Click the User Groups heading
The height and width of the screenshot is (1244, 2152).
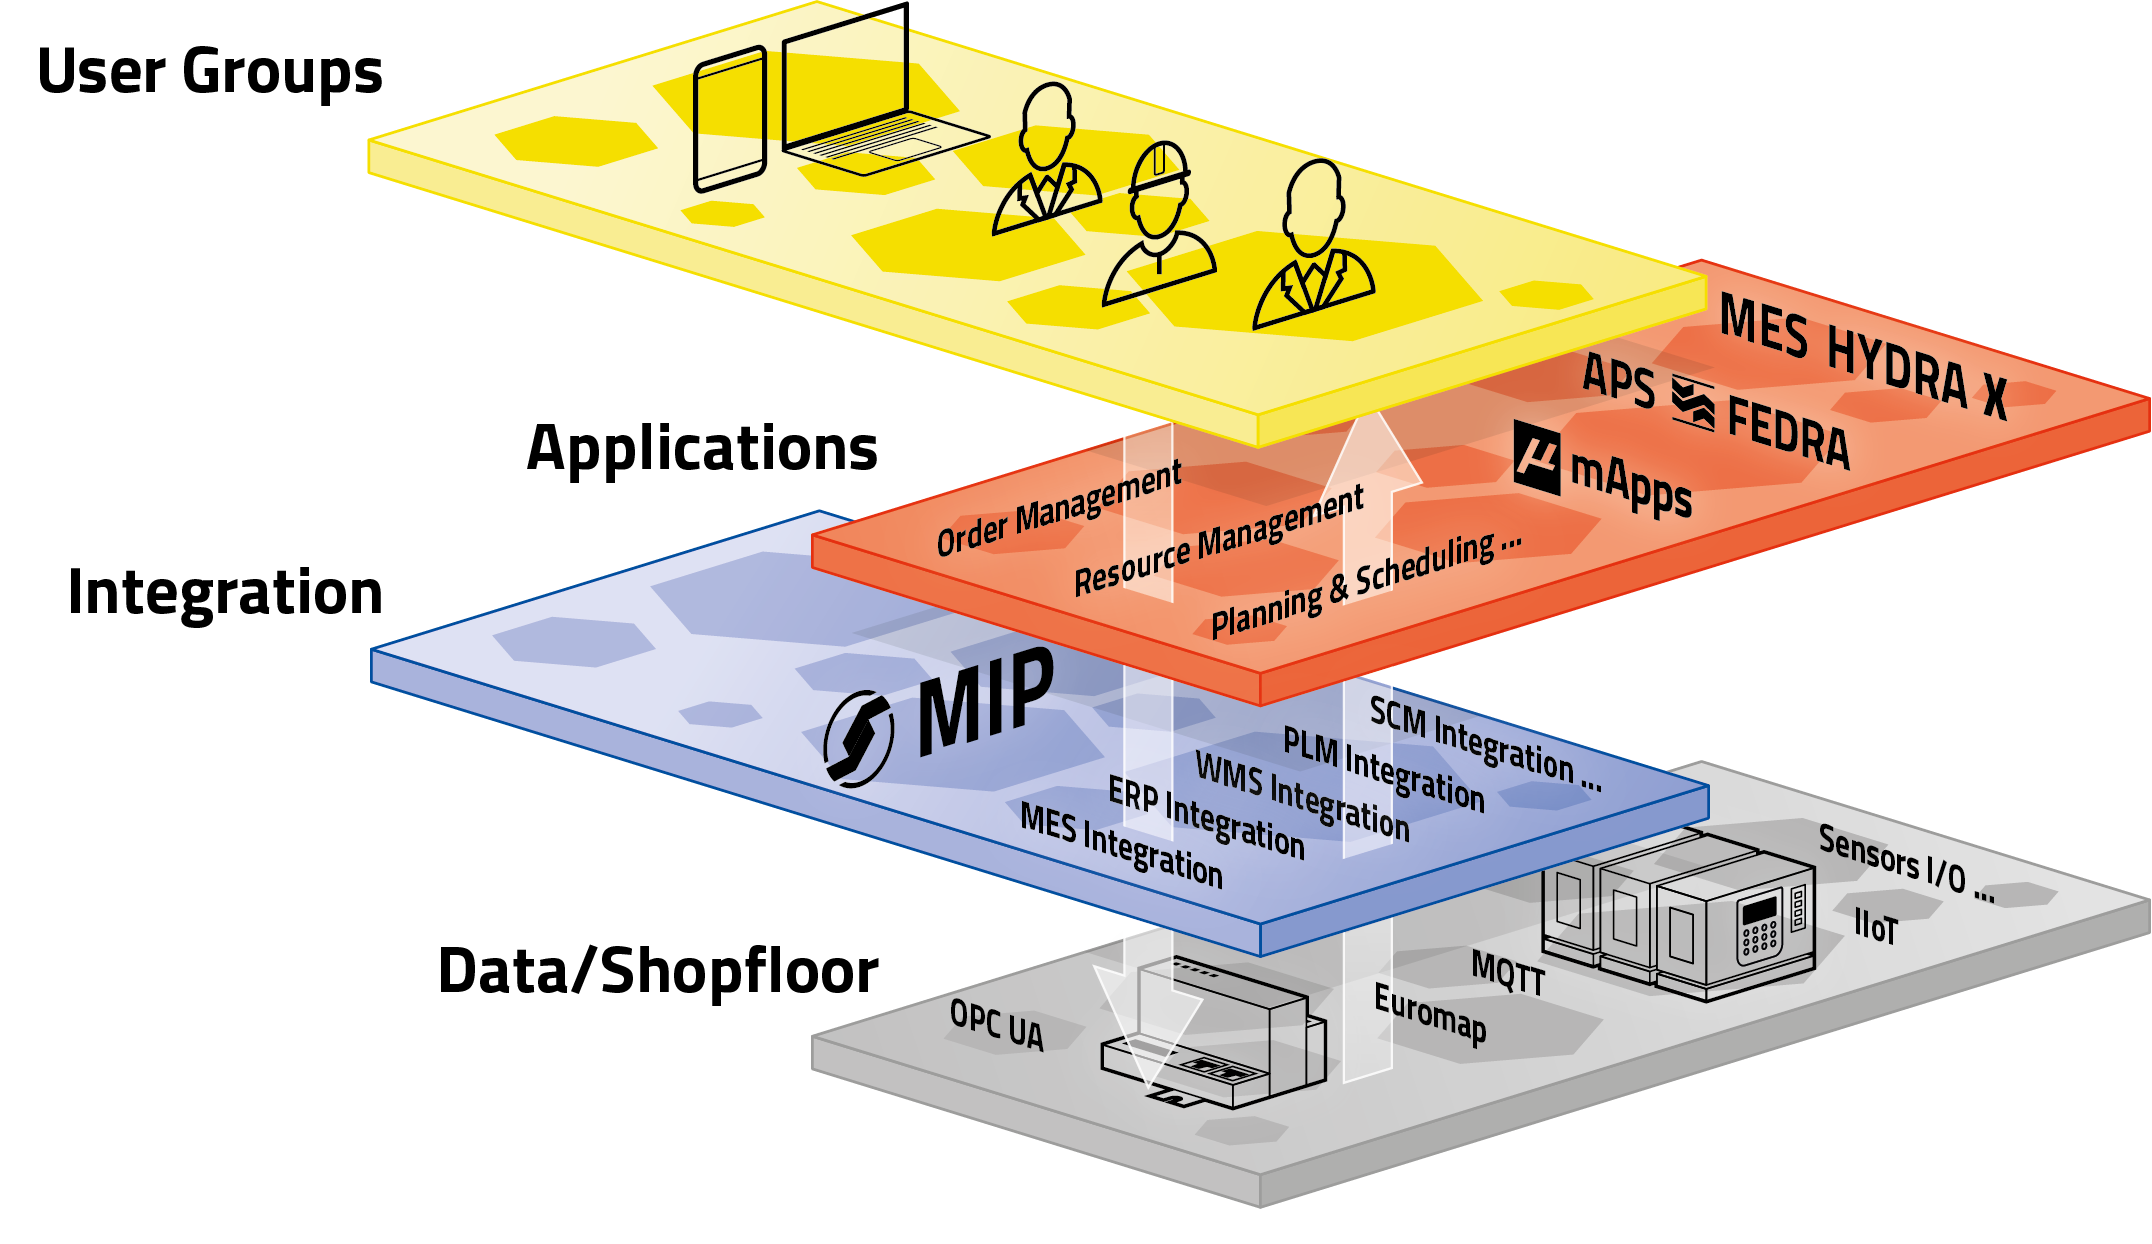pyautogui.click(x=210, y=72)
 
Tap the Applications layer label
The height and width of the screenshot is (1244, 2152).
pyautogui.click(x=702, y=448)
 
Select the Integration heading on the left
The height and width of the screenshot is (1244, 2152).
pyautogui.click(x=225, y=592)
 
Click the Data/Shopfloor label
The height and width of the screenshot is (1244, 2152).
pyautogui.click(x=658, y=971)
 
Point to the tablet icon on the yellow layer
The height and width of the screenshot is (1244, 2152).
pyautogui.click(x=730, y=120)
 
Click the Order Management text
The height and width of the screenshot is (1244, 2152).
pyautogui.click(x=1058, y=509)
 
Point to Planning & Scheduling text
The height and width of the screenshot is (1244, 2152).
pyautogui.click(x=1365, y=585)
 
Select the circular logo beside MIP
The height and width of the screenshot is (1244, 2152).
pyautogui.click(x=858, y=739)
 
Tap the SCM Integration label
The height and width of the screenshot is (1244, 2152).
pyautogui.click(x=1484, y=744)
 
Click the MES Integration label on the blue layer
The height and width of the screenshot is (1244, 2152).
pyautogui.click(x=1121, y=846)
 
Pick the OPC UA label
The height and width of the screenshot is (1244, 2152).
pyautogui.click(x=996, y=1025)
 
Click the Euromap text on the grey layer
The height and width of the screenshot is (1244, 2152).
pyautogui.click(x=1429, y=1013)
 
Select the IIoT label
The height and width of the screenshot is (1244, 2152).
pyautogui.click(x=1875, y=926)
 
